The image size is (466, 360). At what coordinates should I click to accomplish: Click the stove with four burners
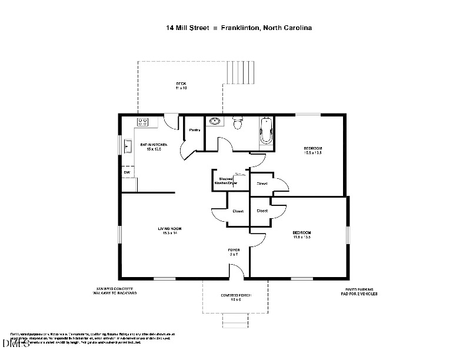pos(142,122)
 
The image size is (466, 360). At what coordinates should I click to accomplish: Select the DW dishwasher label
pos(126,172)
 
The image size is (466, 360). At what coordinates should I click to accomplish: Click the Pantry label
pos(195,130)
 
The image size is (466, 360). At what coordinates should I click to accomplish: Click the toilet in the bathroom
pos(238,123)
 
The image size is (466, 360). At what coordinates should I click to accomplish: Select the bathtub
pos(267,131)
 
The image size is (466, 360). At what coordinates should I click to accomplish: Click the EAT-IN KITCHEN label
pos(154,145)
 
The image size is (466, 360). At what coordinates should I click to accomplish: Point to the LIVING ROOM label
pos(169,228)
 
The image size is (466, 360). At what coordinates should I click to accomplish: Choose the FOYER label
pos(234,250)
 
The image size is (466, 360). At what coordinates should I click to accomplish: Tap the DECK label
pos(181,84)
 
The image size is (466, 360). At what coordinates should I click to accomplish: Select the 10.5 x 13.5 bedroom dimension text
pos(312,152)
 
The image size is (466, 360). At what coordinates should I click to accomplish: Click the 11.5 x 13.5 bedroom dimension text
pos(301,237)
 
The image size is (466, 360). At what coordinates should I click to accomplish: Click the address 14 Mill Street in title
pos(187,28)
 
